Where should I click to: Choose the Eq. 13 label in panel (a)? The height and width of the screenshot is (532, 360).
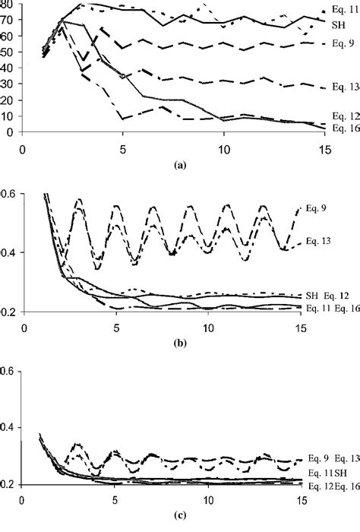339,87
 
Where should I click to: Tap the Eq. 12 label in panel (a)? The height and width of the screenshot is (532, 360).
339,117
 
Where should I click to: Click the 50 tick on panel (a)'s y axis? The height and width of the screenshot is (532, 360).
8,51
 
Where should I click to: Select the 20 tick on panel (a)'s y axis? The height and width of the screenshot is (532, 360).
8,100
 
